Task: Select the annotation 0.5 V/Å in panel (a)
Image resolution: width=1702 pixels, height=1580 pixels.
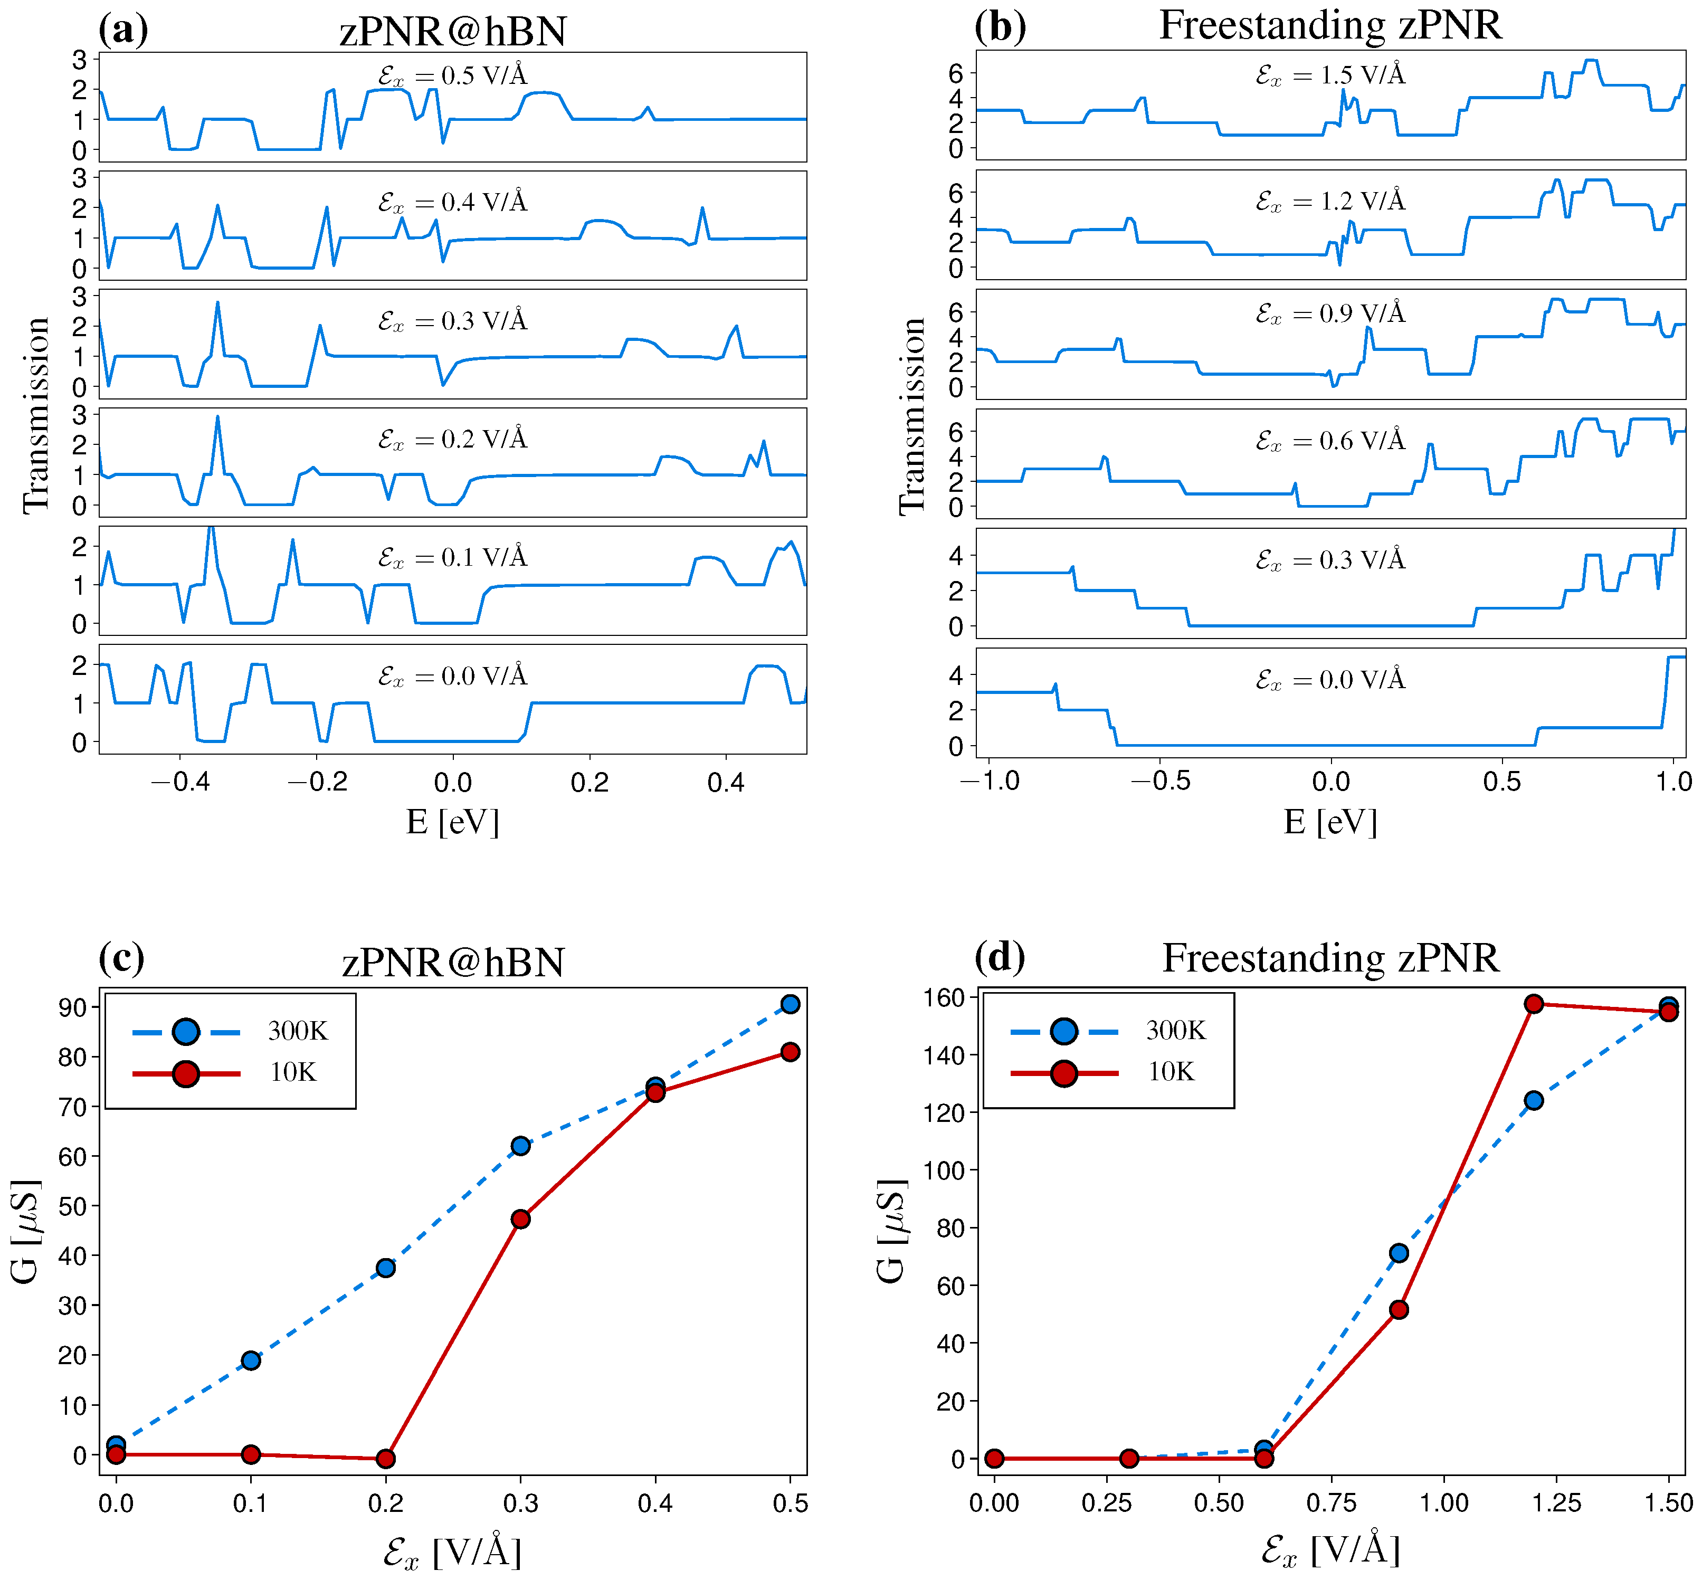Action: [452, 76]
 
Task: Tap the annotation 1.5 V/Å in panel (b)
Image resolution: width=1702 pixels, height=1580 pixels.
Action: [1330, 75]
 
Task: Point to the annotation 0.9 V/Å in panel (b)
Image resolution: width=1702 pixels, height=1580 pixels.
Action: [1330, 314]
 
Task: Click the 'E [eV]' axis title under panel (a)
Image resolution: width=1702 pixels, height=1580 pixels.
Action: [452, 823]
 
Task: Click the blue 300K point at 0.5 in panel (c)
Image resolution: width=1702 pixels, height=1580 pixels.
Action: [790, 1004]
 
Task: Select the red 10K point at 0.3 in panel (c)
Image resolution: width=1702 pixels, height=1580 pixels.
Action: [520, 1219]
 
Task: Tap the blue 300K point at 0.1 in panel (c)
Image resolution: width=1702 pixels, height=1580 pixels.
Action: [251, 1360]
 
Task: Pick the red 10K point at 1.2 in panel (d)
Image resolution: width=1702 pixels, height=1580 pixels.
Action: [1534, 1004]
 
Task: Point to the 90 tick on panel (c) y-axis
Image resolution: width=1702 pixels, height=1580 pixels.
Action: [73, 1007]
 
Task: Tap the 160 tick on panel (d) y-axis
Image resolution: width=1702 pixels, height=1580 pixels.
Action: [944, 997]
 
